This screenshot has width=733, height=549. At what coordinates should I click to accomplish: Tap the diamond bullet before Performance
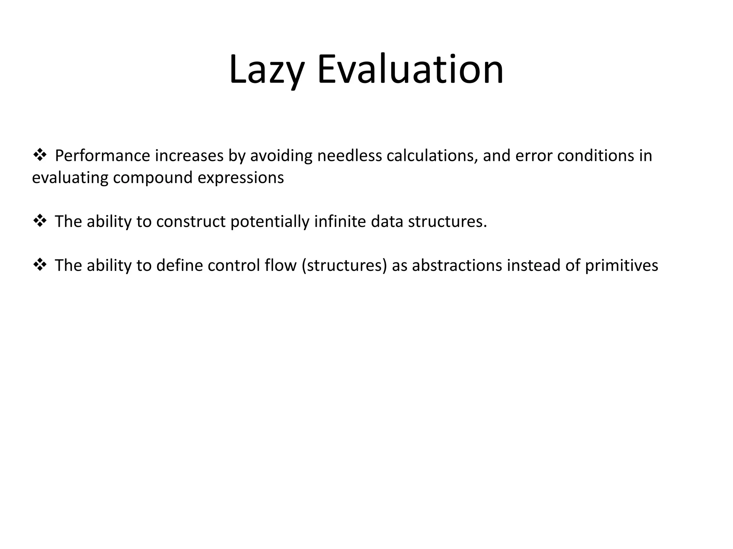click(39, 155)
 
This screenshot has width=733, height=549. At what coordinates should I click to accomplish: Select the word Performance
click(102, 156)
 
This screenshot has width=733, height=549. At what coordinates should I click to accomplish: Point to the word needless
click(349, 156)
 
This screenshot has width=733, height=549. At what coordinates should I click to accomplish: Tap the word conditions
click(596, 156)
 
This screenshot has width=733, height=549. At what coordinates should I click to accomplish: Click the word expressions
click(241, 178)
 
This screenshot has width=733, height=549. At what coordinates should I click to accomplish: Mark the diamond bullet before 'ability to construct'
click(39, 221)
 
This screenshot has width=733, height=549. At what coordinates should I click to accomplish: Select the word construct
click(191, 222)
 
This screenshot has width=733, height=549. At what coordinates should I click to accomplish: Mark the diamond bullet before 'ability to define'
click(39, 265)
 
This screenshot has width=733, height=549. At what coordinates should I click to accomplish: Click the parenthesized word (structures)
click(344, 266)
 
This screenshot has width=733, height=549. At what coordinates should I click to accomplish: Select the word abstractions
click(457, 266)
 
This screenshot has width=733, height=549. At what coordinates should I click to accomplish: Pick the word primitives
click(621, 266)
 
